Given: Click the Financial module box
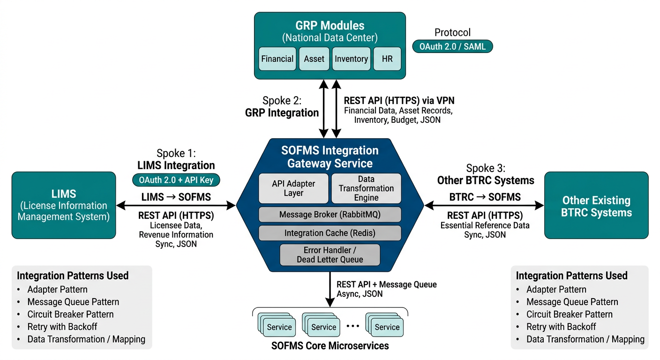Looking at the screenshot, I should point(277,59).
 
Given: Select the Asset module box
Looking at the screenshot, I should point(314,59).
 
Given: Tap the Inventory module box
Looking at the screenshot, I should point(351,59).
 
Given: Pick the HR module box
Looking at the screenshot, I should point(387,59).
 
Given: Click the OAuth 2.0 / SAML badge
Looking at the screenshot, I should point(452,46).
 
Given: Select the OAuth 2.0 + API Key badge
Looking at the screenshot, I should point(176,180).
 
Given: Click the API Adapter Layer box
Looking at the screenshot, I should point(294,188).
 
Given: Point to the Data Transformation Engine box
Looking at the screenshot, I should point(366,188).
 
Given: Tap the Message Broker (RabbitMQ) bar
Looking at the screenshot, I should point(330,215).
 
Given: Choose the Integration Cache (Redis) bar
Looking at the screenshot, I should point(330,233).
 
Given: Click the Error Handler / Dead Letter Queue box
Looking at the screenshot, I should point(330,255).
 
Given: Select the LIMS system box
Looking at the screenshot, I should point(64,205).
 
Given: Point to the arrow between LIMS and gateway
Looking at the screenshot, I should point(176,205).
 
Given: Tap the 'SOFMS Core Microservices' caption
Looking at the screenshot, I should point(330,346).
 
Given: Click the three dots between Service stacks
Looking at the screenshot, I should point(352,326).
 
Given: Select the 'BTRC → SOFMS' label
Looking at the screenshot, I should point(485,197).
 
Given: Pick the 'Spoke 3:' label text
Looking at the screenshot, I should point(485,168).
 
